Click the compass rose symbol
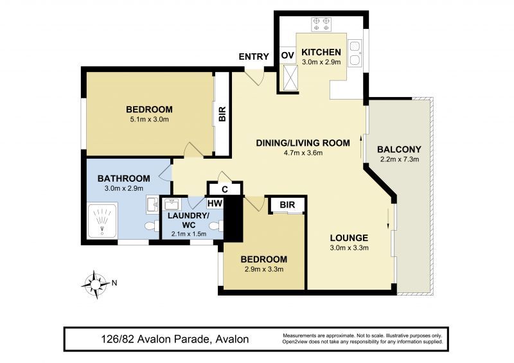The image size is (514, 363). pos(96,285)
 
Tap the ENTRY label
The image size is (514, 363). pos(254,57)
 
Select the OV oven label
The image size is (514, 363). pos(288,55)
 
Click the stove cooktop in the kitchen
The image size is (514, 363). pos(321,24)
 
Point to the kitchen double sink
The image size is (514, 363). pos(355,53)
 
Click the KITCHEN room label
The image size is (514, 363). pos(321,52)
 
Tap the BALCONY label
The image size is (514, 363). pos(399,150)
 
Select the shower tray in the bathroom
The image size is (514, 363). pos(103,220)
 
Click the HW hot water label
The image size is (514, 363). pos(215,204)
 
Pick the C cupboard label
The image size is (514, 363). pos(225,190)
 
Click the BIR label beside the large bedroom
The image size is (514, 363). pos(222,114)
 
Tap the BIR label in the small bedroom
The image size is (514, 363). pos(287,205)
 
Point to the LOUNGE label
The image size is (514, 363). pos(349,238)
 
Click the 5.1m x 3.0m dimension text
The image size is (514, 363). pos(148,120)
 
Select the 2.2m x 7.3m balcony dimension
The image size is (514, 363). pos(399,160)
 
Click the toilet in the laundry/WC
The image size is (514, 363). pos(215,226)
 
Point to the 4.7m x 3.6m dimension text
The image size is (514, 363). pos(303,153)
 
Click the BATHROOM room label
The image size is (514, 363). pos(124,179)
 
